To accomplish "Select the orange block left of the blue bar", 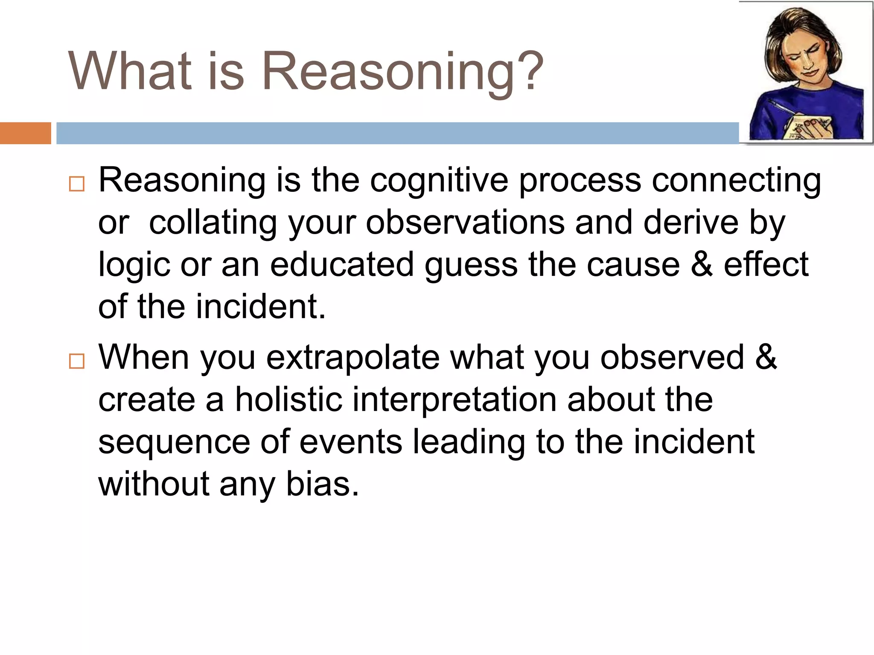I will [x=25, y=133].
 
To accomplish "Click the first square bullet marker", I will [x=77, y=184].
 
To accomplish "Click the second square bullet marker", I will [x=77, y=361].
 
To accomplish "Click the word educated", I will [x=342, y=265].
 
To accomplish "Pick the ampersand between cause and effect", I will [x=702, y=264].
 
